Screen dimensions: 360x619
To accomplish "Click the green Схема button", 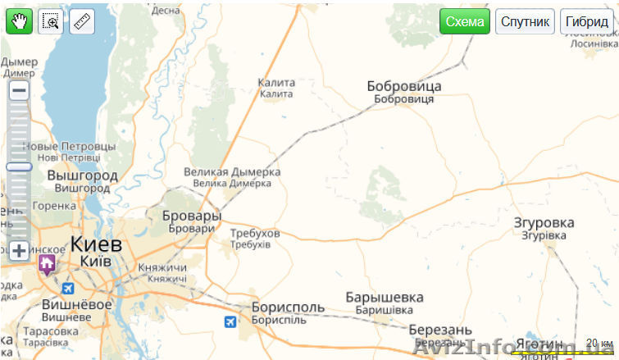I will tap(464, 22).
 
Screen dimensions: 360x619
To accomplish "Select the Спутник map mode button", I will tap(525, 22).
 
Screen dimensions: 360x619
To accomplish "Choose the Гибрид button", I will tap(587, 22).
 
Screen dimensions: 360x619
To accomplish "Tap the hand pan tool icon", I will tap(19, 22).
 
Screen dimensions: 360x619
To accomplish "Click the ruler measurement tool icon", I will tap(82, 22).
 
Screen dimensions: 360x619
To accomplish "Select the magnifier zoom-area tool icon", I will tap(51, 22).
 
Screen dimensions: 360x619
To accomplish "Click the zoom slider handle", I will tap(19, 166).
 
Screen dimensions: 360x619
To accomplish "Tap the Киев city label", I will tap(96, 244).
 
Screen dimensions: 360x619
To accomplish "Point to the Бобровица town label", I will tap(404, 86).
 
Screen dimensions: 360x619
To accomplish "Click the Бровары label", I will tap(191, 216).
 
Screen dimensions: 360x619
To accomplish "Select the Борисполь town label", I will tap(288, 308).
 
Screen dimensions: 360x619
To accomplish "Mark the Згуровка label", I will tap(544, 222).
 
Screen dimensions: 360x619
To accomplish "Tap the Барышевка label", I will tap(385, 297).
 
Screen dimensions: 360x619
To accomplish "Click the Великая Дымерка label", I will tap(232, 172).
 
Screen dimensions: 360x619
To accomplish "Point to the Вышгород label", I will tap(82, 175).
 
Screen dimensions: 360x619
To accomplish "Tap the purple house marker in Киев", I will tap(46, 263).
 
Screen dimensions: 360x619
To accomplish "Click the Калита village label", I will tap(276, 83).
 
